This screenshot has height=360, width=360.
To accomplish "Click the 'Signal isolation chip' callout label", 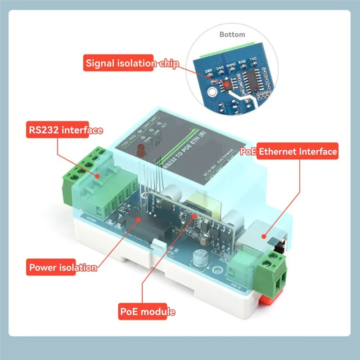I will (x=131, y=63).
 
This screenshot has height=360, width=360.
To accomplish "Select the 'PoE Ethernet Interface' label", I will (x=289, y=152).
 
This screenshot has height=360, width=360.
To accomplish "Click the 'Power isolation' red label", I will (x=62, y=267).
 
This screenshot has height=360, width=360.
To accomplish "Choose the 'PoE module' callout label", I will (x=147, y=311).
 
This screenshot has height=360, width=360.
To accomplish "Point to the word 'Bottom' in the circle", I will (x=232, y=34).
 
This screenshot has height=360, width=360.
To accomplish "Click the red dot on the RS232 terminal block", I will (x=95, y=175).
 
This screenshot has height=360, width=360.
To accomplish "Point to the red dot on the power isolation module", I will (x=138, y=219).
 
